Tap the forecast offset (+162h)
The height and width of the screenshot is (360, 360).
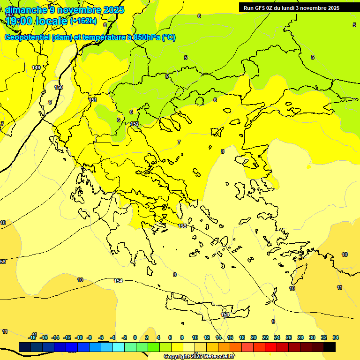click(x=83, y=21)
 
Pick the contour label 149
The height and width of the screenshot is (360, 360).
click(x=36, y=67)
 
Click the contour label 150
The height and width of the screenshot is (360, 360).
click(x=59, y=87)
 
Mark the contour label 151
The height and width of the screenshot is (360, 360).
click(x=93, y=100)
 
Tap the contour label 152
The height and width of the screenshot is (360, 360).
click(x=135, y=124)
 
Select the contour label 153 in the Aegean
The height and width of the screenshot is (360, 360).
click(x=182, y=226)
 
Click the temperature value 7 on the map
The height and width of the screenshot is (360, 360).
click(x=179, y=142)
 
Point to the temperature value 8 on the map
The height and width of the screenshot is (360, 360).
click(x=223, y=151)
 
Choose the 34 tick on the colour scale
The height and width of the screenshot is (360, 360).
click(x=336, y=337)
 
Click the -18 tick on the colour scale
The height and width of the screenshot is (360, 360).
click(x=32, y=337)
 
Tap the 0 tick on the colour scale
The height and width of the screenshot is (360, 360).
click(x=135, y=337)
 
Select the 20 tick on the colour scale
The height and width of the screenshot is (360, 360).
click(x=254, y=337)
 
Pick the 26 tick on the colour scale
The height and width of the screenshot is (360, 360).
click(x=289, y=337)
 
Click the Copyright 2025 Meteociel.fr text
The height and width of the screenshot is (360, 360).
click(x=199, y=356)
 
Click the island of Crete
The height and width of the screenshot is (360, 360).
click(x=206, y=310)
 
